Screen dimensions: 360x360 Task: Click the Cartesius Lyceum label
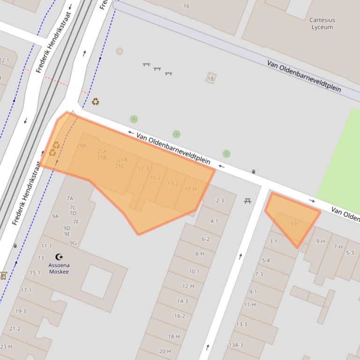point(322,23)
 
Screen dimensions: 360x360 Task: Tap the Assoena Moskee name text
point(59,268)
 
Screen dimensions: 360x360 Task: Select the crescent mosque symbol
point(59,257)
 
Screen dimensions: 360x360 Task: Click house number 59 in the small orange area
point(294,224)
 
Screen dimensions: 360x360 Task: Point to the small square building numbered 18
point(211,79)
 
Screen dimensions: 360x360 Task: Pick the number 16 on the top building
point(186,6)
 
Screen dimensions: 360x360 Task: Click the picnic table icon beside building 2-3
point(248,201)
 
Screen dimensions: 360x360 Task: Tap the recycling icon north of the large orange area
point(96,101)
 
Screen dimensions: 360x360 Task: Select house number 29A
point(81,145)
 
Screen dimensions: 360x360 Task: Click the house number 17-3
point(143,169)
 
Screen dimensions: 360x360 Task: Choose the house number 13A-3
point(236,345)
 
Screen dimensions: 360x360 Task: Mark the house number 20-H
point(165,351)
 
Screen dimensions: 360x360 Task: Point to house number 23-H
point(6,346)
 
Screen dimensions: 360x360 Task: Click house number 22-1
point(4,60)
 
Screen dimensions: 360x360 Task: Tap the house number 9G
point(73,243)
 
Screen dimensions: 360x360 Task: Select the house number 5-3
point(350,253)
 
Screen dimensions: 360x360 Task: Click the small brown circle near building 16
point(119,51)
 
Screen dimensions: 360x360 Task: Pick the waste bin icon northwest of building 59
point(253,172)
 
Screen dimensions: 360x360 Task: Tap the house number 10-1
point(194,272)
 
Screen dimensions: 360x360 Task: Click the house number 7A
point(70,198)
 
